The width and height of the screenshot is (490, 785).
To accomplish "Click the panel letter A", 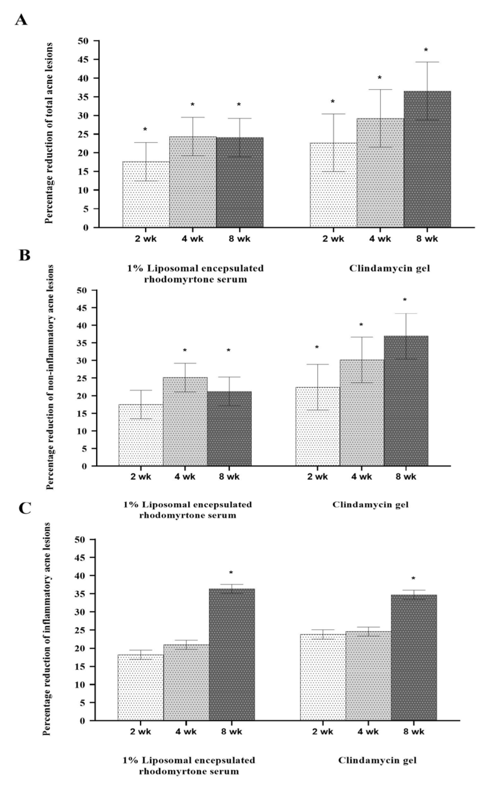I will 21,20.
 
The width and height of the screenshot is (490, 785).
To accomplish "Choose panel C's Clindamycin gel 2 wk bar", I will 323,677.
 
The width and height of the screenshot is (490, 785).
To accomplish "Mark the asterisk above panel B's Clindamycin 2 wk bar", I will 317,348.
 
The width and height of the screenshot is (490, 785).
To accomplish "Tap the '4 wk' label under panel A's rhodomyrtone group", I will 192,239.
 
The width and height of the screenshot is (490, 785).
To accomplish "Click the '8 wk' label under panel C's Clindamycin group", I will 414,732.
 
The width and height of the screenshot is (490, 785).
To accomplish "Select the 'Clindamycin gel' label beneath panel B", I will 370,504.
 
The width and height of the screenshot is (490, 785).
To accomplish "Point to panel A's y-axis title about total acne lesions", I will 49,133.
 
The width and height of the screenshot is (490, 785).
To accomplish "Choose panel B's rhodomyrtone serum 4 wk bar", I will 185,421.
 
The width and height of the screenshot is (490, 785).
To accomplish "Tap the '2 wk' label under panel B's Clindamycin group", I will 317,477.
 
